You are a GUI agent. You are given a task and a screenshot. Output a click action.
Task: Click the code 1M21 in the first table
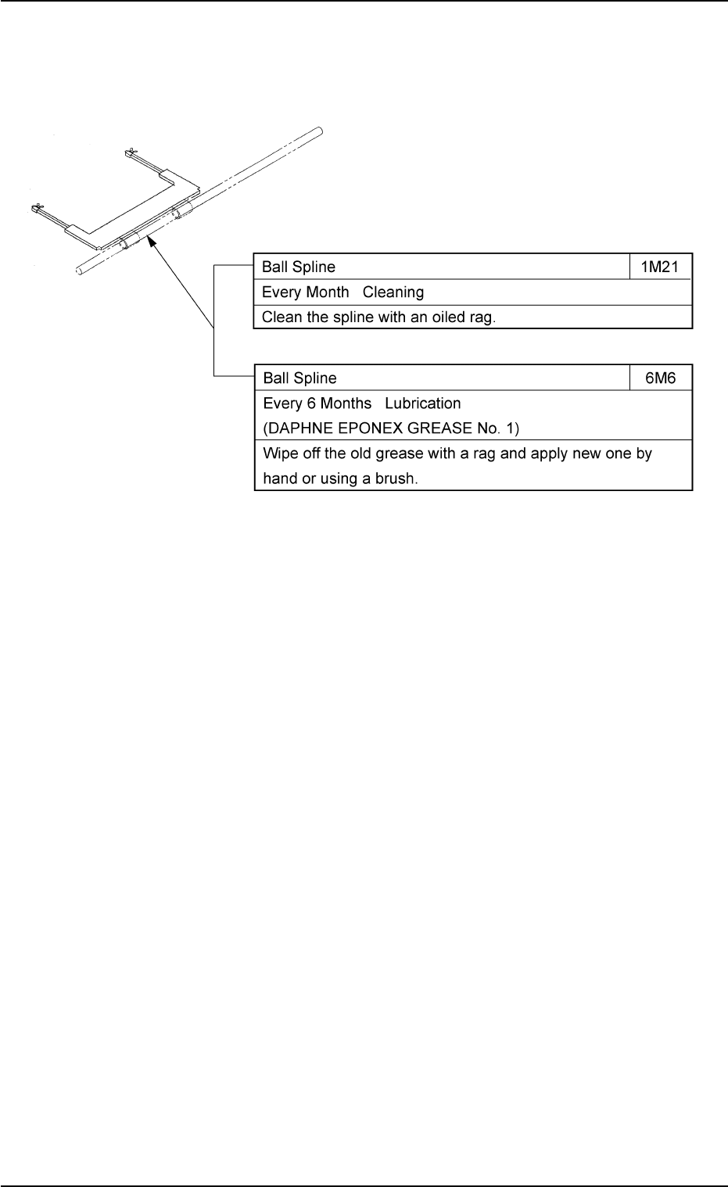(x=661, y=267)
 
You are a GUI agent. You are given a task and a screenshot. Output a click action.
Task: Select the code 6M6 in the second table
(x=661, y=378)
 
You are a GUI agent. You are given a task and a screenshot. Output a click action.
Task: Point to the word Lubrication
(x=423, y=403)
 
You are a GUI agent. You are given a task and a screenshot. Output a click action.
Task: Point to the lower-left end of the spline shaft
(x=79, y=269)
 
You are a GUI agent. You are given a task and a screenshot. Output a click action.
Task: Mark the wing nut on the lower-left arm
(x=35, y=208)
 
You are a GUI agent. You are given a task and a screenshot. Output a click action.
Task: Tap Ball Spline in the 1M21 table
(x=299, y=267)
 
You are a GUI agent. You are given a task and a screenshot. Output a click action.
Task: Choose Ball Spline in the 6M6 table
(x=299, y=378)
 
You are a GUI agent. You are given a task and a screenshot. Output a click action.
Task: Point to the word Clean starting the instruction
(x=280, y=317)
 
